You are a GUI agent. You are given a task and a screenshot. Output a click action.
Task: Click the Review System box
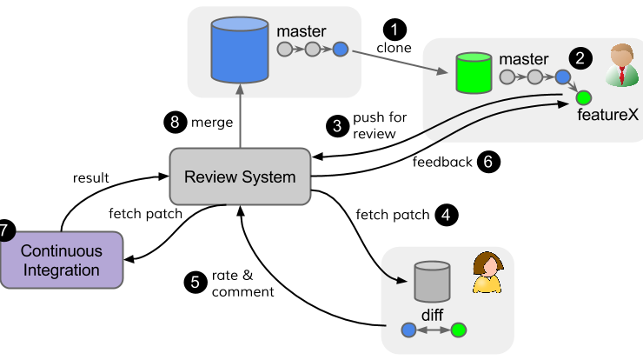[240, 177]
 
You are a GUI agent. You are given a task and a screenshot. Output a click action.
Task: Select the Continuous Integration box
[62, 260]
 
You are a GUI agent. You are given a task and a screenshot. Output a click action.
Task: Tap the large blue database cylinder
[240, 50]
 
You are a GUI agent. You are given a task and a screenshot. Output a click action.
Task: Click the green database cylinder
[474, 73]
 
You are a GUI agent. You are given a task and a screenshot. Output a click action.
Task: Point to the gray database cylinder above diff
[432, 282]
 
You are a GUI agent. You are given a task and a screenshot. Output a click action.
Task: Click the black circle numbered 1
[394, 30]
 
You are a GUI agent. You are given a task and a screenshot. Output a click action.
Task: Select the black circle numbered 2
[580, 58]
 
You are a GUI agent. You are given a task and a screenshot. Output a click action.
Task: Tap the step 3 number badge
[337, 125]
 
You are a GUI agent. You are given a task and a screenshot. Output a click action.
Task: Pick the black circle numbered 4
[446, 215]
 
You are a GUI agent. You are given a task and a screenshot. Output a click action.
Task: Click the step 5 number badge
[196, 283]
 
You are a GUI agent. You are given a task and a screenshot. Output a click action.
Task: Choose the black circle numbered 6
[488, 162]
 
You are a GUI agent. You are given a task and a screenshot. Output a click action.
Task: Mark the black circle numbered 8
[176, 122]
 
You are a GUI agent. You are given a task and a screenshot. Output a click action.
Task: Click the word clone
[394, 48]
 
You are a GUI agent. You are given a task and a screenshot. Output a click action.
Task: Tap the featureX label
[607, 115]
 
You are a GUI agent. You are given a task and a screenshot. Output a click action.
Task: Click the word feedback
[442, 162]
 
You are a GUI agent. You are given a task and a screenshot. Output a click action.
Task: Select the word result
[90, 178]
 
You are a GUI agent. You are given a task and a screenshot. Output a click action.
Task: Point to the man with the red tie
[621, 65]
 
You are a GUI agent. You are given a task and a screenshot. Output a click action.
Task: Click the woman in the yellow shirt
[487, 272]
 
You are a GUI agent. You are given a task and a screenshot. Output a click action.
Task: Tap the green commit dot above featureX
[584, 98]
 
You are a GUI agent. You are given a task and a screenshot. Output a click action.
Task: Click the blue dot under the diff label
[408, 330]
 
